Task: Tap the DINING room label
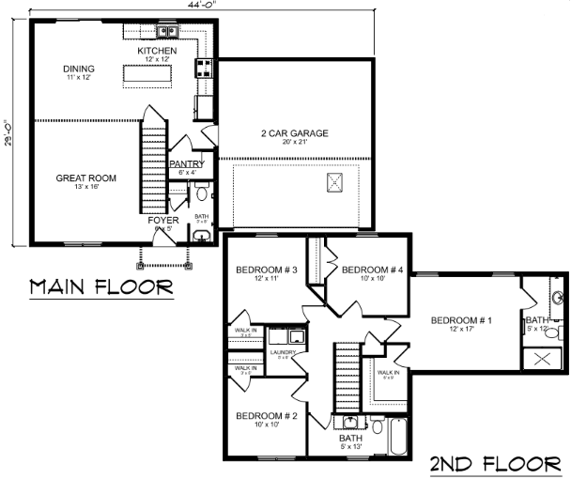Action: [79, 69]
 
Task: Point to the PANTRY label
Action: [187, 164]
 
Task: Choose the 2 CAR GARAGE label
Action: [295, 133]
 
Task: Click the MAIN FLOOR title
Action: [101, 286]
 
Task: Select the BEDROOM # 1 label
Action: [460, 321]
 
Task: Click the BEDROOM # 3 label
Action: [267, 270]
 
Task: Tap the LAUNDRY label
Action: [283, 353]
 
